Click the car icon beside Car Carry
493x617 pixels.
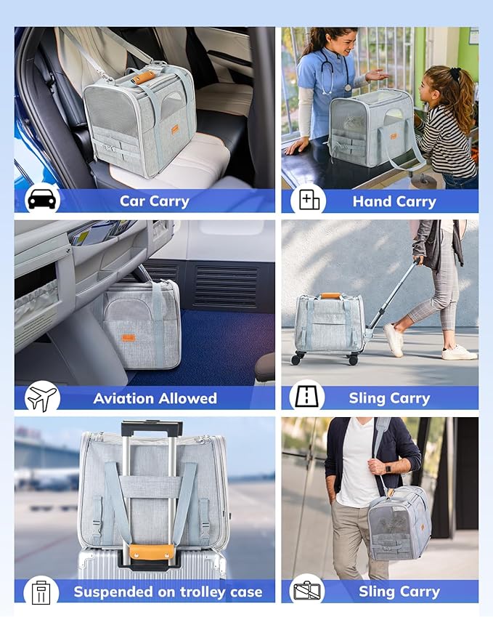point(43,199)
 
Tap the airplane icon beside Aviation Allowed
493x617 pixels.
point(42,397)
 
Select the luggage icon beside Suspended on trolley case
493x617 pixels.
point(41,591)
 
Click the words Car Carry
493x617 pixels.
point(154,201)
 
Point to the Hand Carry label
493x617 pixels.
point(394,201)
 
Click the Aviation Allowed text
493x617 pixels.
point(155,398)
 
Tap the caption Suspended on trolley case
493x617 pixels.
point(168,592)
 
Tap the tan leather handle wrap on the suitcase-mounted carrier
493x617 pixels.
point(151,552)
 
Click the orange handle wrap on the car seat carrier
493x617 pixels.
point(143,76)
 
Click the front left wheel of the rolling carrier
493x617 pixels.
point(296,358)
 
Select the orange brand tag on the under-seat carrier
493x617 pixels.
point(129,337)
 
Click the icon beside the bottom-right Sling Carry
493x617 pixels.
point(308,592)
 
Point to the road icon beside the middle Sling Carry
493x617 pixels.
point(308,397)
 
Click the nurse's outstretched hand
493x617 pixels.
point(375,75)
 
